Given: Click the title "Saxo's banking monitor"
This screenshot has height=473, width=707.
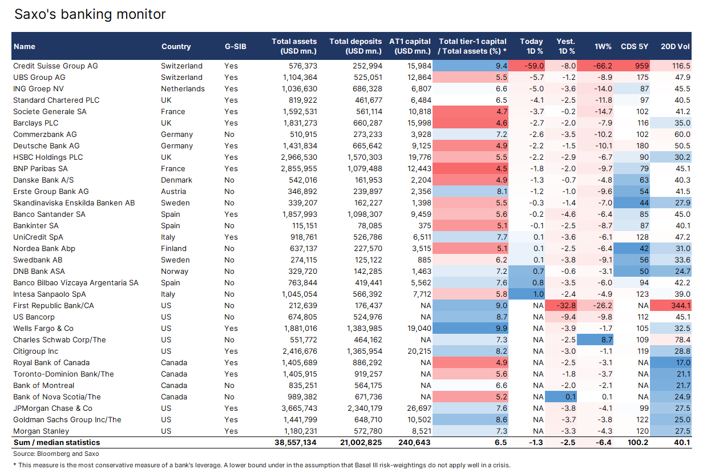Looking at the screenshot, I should [90, 14].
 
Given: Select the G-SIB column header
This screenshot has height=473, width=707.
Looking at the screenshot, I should [235, 47].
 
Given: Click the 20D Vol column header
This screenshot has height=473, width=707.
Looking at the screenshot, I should [675, 47].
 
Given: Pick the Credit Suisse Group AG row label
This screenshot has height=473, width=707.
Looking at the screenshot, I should [55, 66].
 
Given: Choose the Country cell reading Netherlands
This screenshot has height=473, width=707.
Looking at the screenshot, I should [182, 89].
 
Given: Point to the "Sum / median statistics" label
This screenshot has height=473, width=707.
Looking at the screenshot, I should [56, 443].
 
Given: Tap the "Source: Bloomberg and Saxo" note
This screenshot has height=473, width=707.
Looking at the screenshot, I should [56, 454].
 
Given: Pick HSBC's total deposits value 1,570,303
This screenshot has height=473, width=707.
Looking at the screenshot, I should [359, 157].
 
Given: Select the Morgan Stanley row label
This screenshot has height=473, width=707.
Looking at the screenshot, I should [41, 431].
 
